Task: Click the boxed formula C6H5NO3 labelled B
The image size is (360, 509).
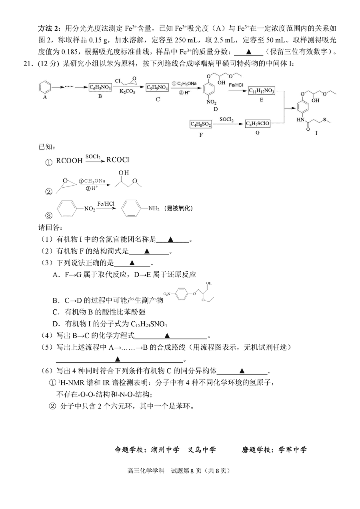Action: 100,87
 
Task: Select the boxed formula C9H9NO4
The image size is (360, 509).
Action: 157,87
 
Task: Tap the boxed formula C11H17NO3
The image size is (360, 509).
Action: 261,91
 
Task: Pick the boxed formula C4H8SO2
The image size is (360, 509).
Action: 201,124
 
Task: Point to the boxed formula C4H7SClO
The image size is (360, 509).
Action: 258,123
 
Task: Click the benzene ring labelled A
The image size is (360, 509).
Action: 45,87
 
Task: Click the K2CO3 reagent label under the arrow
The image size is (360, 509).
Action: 127,92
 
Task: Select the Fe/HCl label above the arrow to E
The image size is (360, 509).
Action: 236,85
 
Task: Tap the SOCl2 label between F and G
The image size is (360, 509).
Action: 226,119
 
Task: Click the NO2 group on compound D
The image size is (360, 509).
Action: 212,102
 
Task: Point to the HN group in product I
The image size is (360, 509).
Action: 300,120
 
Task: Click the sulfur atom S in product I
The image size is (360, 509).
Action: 324,120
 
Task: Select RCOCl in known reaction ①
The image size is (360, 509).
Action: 118,160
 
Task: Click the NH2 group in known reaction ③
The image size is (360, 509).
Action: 154,208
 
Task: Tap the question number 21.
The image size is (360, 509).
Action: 28,64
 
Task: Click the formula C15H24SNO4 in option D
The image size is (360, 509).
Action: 149,324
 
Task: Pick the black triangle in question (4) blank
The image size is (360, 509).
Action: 167,335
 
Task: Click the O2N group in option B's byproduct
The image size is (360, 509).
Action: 167,294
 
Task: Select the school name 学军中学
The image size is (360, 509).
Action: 292,449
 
